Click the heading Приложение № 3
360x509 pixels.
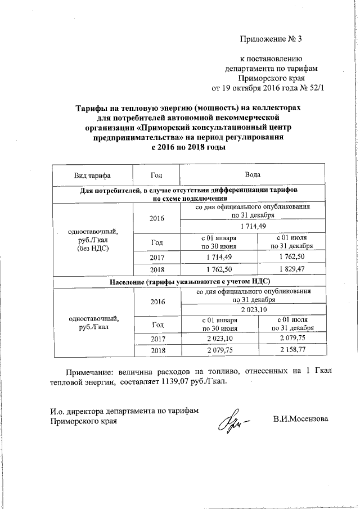(271, 39)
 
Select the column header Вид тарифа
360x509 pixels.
(92, 175)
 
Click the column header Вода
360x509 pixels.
(253, 175)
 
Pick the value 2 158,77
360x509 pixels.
(291, 350)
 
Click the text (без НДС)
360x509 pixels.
(92, 247)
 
